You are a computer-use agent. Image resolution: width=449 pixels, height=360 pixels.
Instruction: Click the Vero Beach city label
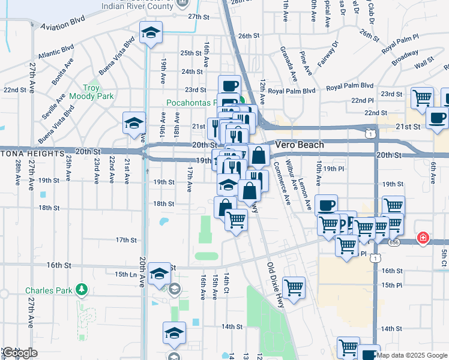coord(300,145)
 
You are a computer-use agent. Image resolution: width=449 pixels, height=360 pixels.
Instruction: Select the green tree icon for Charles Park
coord(82,290)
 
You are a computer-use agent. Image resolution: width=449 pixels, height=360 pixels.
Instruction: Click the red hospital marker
coord(424,238)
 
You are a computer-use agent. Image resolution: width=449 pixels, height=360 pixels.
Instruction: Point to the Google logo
coord(20,353)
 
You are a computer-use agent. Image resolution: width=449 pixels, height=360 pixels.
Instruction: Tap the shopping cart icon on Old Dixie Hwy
coord(294,288)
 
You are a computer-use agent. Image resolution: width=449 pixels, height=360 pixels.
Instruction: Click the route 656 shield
coord(394,242)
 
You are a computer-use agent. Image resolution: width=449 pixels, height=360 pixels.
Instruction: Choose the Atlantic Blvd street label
coord(56,52)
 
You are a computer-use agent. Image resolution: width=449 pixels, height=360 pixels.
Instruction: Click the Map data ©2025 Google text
coord(412,355)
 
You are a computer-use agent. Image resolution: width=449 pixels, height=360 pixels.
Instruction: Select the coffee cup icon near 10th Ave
coord(326,206)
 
